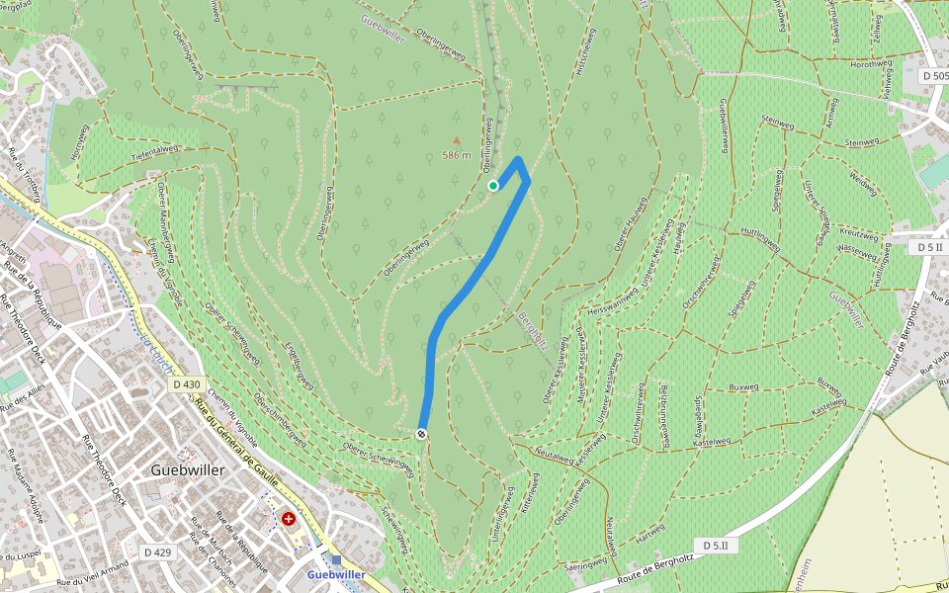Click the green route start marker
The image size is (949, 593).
493,185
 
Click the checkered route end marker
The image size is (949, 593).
422,434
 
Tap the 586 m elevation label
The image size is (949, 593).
456,156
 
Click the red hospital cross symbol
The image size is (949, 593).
289,518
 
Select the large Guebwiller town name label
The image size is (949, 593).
188,469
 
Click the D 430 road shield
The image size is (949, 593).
186,384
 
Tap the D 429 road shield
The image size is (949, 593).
158,552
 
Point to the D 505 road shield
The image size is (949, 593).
933,76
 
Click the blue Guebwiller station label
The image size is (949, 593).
336,574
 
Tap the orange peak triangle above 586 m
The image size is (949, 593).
456,141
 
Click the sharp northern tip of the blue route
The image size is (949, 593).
519,158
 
